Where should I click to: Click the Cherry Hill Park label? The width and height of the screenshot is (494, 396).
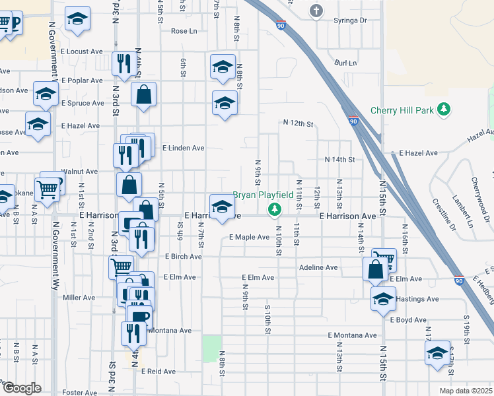point(402,110)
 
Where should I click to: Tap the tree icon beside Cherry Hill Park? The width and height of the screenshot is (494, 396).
point(445,109)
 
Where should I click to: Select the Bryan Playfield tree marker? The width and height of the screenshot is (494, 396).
point(274,210)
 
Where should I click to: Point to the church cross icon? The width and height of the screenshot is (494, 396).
point(316,11)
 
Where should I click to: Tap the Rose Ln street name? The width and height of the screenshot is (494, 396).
point(184,31)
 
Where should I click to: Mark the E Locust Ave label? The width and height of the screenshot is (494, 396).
point(82,51)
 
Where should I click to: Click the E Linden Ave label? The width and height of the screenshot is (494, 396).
point(183,148)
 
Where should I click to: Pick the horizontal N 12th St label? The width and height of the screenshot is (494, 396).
point(298,123)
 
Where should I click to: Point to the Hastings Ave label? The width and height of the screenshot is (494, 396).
point(419,299)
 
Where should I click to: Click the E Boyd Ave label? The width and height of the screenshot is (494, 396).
point(407,319)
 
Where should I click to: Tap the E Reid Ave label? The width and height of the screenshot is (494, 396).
point(158,372)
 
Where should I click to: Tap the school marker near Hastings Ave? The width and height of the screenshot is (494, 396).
point(383,298)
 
